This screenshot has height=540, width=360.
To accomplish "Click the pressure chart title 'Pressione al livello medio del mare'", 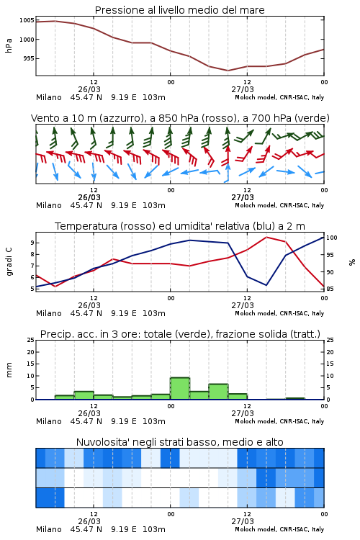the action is (179, 10).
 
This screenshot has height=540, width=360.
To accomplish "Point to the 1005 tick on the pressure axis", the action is (27, 20).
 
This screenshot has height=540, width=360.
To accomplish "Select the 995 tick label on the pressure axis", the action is (29, 58).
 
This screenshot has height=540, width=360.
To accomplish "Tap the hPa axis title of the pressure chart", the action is (9, 45).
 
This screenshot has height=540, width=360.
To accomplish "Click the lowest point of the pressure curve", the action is (228, 71).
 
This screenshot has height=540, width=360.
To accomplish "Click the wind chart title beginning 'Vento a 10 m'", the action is (180, 118).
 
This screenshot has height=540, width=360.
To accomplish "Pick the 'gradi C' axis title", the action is (9, 261).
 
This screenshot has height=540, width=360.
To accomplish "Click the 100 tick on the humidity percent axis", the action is (332, 238).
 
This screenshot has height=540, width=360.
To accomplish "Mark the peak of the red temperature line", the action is (266, 237).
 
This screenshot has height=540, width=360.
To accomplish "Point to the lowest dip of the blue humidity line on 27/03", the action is (266, 285).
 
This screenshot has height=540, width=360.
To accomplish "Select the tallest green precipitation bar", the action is (180, 389).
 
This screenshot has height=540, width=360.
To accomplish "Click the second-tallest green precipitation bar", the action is (218, 392).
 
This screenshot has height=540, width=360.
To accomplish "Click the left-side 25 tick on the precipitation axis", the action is (31, 340).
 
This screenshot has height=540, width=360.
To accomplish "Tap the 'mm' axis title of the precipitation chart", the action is (9, 370).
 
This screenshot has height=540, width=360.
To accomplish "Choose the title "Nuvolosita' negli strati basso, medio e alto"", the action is (179, 442).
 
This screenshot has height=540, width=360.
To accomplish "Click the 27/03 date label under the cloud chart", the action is (243, 521).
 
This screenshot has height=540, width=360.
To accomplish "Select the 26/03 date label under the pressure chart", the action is (89, 89).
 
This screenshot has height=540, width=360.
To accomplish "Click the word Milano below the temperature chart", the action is (48, 313).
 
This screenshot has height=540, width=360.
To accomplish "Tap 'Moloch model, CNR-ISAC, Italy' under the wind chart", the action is (279, 205).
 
